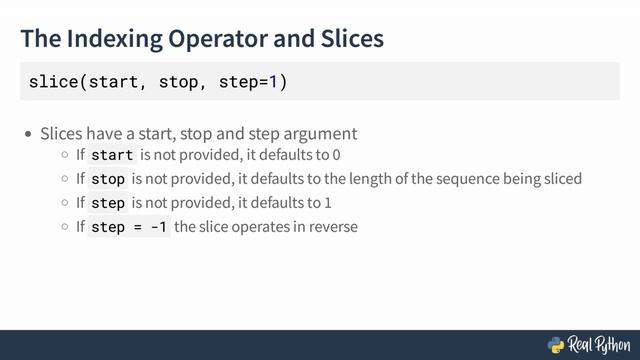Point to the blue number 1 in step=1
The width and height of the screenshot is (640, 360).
point(274,81)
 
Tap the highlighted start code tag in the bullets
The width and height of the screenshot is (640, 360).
point(111,156)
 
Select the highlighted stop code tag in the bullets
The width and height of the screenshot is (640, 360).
point(107,179)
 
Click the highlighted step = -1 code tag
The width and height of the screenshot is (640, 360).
point(129,227)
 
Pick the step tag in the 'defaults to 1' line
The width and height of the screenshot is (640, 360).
point(107,203)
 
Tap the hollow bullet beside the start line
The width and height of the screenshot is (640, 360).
point(65,156)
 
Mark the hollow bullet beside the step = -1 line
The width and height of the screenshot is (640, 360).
point(65,227)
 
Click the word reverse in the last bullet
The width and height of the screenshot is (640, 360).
point(334,227)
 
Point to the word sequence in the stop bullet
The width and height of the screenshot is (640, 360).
point(446,179)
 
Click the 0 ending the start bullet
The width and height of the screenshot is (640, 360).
point(336,156)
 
